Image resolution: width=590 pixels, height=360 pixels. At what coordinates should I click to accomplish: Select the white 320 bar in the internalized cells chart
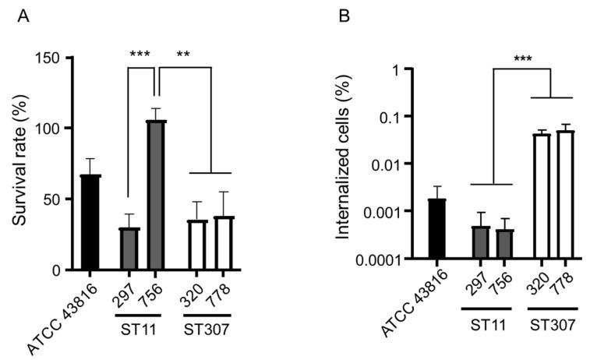[x=542, y=196]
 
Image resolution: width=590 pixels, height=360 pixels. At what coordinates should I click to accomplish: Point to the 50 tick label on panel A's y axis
[x=54, y=199]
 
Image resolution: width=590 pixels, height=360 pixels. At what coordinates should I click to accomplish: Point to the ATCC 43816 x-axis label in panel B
[x=411, y=308]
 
